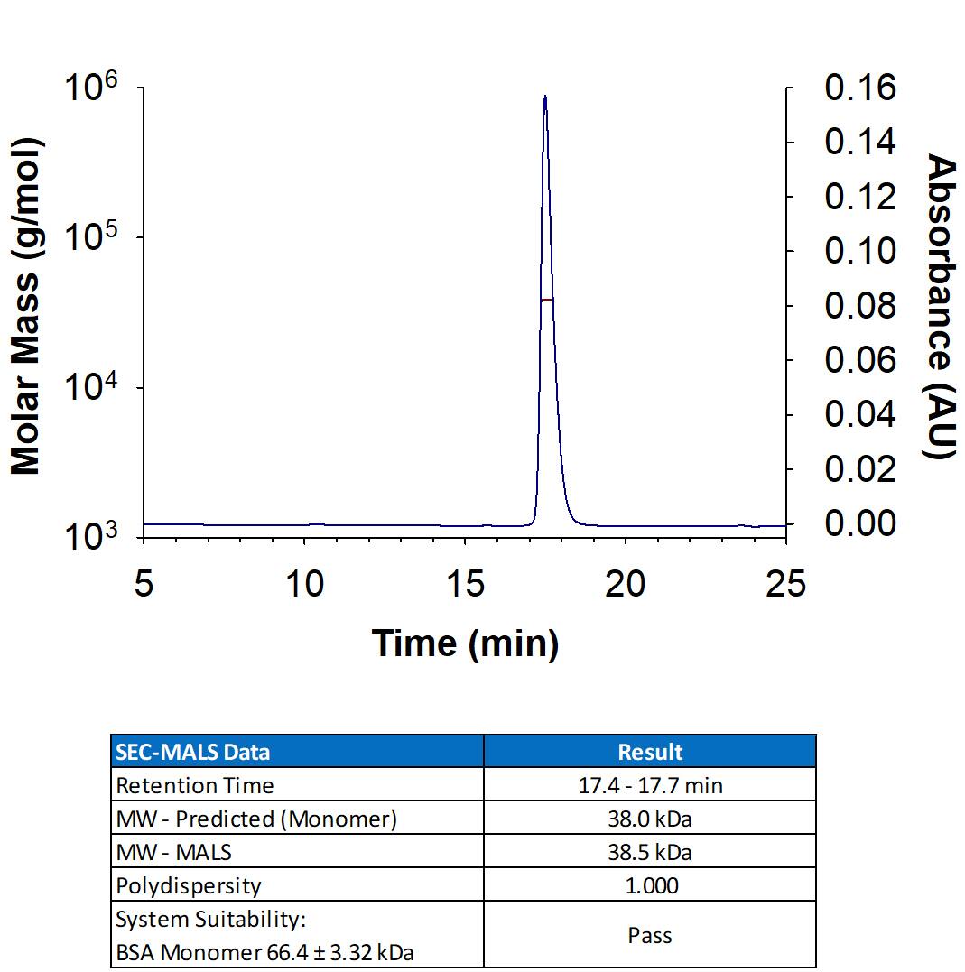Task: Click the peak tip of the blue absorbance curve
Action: (x=545, y=97)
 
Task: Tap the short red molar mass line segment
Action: (x=546, y=299)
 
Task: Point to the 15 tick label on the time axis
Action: (x=466, y=584)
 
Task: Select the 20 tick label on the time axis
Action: (x=626, y=584)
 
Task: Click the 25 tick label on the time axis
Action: (x=784, y=584)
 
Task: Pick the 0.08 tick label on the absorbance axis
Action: (x=859, y=306)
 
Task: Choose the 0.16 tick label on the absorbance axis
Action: (x=859, y=88)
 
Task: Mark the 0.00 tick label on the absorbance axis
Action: (x=859, y=523)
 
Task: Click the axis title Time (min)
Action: (x=465, y=643)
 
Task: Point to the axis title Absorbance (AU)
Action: (x=941, y=307)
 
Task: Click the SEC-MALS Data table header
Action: (x=192, y=752)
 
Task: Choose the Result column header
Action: (x=650, y=752)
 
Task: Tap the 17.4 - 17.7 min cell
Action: (x=650, y=785)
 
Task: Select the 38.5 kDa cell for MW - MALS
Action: (x=650, y=852)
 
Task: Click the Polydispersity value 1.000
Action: (x=650, y=885)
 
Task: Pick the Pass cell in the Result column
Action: (x=650, y=935)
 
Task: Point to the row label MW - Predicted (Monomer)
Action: (x=256, y=819)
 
